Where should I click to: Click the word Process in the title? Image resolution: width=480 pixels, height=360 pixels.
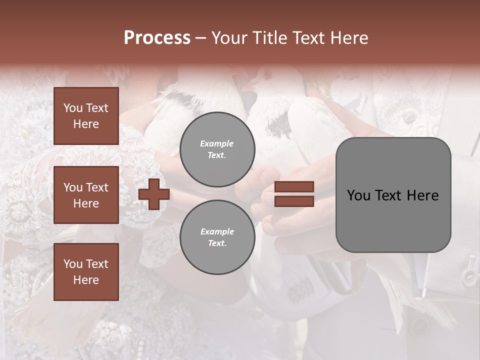click(x=157, y=38)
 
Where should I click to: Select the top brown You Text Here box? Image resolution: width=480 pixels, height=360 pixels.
click(x=86, y=116)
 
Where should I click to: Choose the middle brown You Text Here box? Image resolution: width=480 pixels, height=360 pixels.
click(x=86, y=195)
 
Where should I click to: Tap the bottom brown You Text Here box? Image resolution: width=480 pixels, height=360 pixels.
click(x=86, y=272)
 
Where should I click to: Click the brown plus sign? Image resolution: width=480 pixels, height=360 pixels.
click(x=154, y=194)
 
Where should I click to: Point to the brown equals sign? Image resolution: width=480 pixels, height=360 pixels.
click(x=294, y=194)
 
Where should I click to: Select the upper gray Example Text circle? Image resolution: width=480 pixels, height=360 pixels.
click(x=217, y=149)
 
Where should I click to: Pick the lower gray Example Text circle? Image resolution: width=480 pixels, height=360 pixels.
click(x=217, y=237)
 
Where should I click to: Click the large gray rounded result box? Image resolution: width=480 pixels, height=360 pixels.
click(x=393, y=195)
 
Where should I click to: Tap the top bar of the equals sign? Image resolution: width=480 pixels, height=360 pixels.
click(x=294, y=187)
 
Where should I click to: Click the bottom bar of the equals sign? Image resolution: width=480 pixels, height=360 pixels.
click(x=294, y=201)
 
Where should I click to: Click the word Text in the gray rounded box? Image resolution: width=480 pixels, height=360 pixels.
click(x=390, y=195)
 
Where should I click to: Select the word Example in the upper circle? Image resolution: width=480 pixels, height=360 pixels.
click(x=216, y=144)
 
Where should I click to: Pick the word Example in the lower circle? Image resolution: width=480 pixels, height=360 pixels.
click(x=216, y=232)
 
